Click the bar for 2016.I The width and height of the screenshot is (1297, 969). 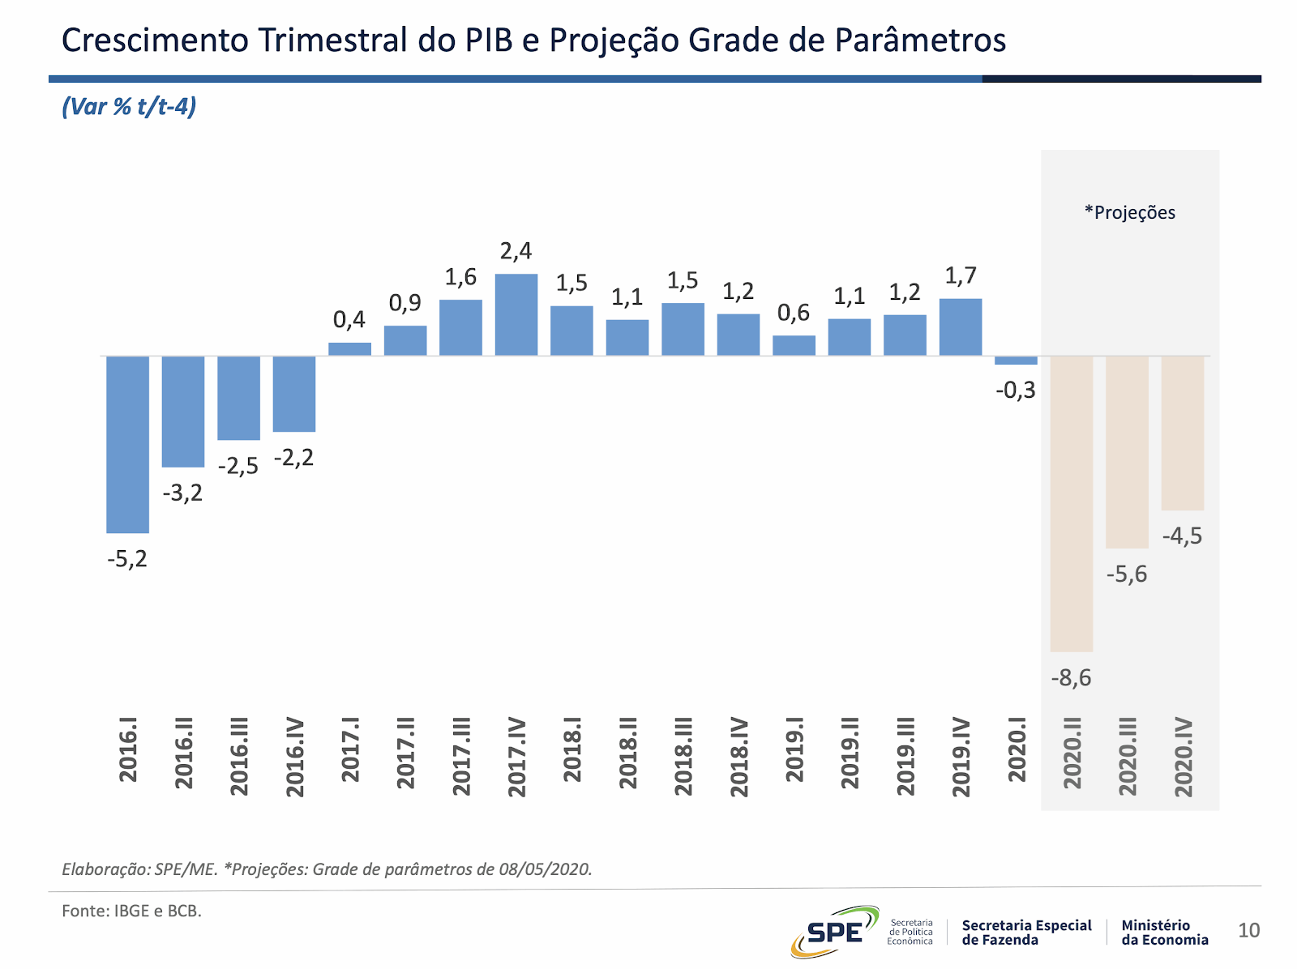click(127, 444)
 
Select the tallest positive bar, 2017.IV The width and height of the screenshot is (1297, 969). click(516, 314)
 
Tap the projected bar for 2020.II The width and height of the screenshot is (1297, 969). click(1071, 503)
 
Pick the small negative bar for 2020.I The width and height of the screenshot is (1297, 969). click(1016, 361)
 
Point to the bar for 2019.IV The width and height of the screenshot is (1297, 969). click(961, 327)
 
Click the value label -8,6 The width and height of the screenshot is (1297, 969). click(1071, 677)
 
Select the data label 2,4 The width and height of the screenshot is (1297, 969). click(516, 251)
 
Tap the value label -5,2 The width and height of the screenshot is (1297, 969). click(127, 559)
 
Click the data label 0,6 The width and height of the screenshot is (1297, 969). click(794, 313)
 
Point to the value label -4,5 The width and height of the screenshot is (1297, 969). click(1183, 536)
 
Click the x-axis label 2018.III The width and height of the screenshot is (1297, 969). click(683, 756)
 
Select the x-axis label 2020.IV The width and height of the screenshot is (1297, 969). click(1184, 757)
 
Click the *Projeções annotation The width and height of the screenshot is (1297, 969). click(1130, 213)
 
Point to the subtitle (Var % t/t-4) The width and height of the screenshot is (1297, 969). click(129, 106)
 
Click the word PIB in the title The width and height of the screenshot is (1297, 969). click(489, 40)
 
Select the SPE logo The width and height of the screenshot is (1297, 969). click(834, 931)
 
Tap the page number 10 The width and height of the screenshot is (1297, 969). click(1248, 930)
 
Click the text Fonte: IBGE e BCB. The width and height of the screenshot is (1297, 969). click(131, 911)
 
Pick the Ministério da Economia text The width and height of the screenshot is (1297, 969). click(1164, 933)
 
